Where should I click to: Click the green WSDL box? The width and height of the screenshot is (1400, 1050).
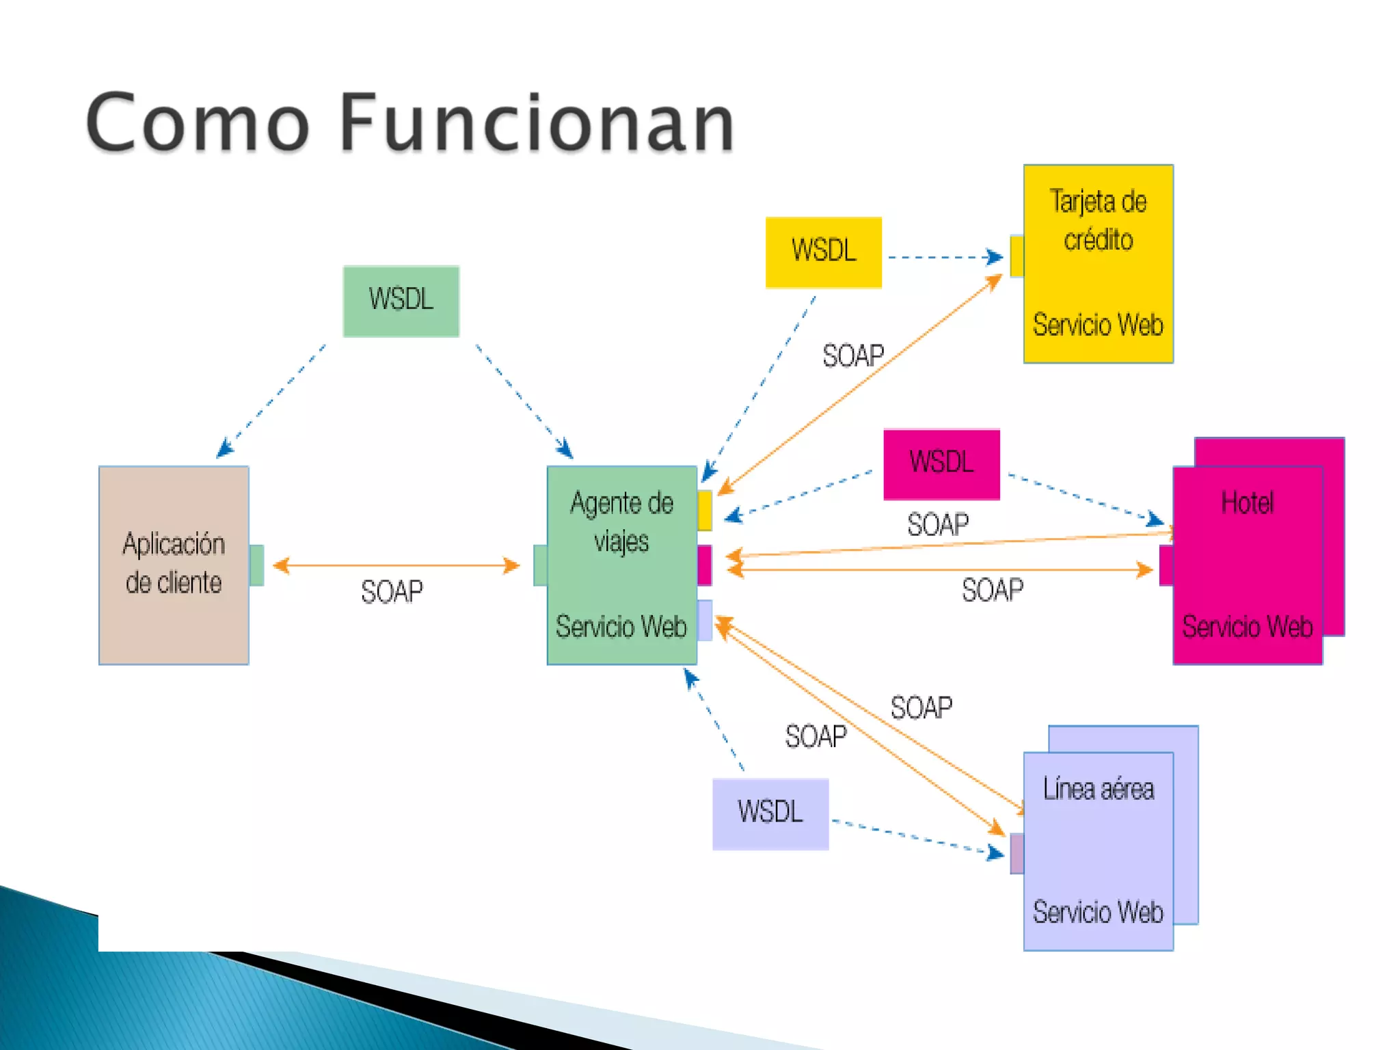tap(401, 301)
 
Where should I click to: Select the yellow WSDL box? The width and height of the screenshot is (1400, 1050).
tap(823, 252)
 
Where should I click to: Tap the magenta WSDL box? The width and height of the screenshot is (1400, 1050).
tap(941, 464)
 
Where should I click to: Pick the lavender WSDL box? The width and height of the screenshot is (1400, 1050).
tap(770, 813)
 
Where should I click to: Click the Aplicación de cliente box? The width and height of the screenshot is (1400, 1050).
tap(174, 565)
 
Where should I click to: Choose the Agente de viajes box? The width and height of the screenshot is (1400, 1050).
tap(621, 565)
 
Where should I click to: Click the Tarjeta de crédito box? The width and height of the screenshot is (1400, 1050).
tap(1098, 263)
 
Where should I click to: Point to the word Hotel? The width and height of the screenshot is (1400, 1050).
tap(1247, 503)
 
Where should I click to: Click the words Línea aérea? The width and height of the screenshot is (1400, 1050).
tap(1098, 790)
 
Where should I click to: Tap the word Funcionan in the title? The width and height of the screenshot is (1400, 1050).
tap(537, 123)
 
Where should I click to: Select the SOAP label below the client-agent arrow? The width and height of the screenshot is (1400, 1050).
tap(392, 592)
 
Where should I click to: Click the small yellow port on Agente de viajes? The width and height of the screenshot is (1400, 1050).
tap(705, 511)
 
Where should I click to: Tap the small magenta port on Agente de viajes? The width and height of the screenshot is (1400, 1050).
tap(705, 565)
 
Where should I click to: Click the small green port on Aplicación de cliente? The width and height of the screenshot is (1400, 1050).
tap(256, 565)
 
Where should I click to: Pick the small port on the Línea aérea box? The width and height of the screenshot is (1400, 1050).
tap(1017, 853)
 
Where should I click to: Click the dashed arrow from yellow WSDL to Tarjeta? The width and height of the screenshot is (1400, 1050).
tap(943, 258)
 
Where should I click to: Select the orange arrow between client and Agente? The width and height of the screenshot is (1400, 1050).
tap(396, 565)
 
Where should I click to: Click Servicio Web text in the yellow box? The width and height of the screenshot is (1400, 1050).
tap(1098, 325)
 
